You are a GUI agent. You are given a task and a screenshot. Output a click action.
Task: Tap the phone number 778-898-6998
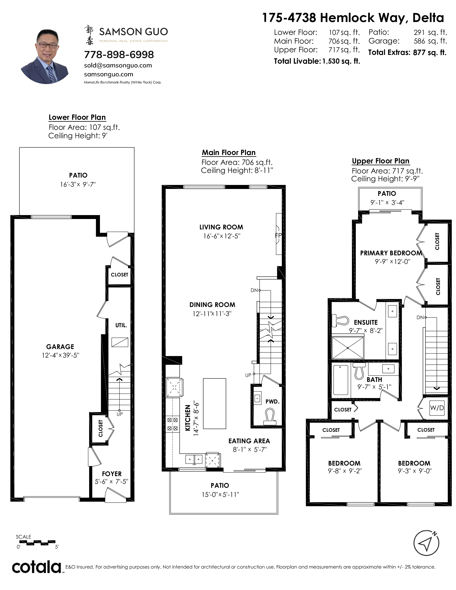coord(119,55)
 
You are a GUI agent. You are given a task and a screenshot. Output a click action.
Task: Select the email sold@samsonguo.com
coord(118,65)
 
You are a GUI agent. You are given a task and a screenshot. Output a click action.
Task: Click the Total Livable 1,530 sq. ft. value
coord(341,61)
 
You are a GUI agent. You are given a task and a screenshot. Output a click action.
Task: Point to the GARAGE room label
coord(60,347)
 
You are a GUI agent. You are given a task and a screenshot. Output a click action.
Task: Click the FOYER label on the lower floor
coord(112,474)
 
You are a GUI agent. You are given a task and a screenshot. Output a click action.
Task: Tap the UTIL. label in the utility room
coord(121,325)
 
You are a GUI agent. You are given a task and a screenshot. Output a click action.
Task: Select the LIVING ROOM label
coord(221,227)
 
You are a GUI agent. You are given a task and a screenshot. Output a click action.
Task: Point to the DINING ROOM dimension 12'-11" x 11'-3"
coord(212,314)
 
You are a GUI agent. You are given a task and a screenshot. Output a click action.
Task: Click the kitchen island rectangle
coord(214,404)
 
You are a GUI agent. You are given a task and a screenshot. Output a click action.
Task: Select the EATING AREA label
coord(249,441)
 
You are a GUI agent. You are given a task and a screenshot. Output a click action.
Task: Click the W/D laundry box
coord(437,408)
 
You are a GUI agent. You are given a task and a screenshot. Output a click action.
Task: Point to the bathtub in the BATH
coord(341,380)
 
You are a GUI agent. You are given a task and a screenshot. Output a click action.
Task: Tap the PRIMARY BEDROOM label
coord(391,253)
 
